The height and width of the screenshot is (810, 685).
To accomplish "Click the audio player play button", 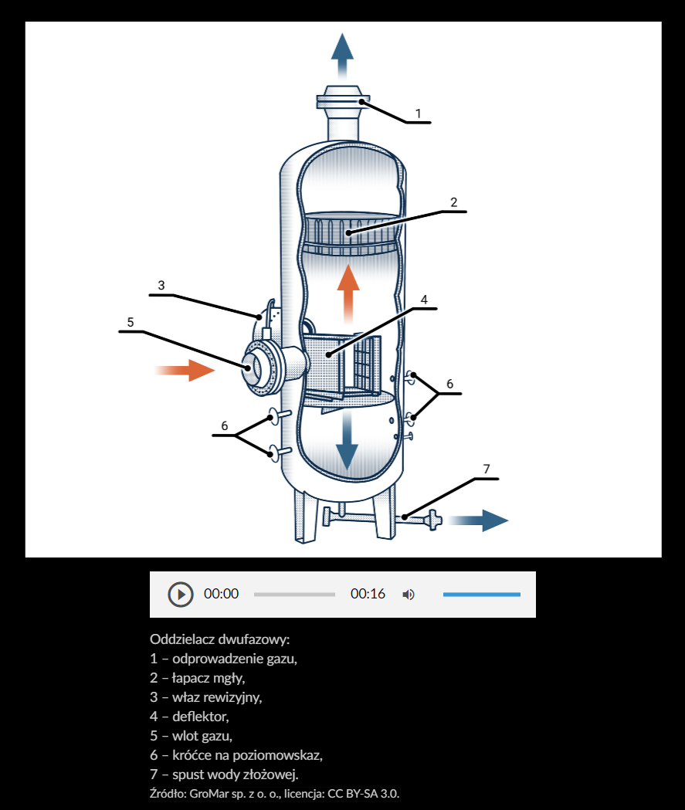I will click(x=180, y=595).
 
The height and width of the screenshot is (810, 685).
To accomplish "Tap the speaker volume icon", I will click(x=409, y=595).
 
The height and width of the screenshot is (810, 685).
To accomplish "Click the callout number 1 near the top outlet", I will click(x=418, y=113).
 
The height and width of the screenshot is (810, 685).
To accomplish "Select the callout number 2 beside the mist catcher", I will click(x=454, y=202).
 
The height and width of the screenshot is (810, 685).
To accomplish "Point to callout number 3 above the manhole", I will click(x=161, y=285).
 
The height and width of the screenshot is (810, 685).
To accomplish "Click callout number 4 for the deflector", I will click(x=423, y=299).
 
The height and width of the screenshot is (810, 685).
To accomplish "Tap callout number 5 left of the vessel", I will click(x=131, y=322).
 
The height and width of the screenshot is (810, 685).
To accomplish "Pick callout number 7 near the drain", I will click(x=486, y=469).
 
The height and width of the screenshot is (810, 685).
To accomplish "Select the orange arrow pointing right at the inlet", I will click(x=187, y=371).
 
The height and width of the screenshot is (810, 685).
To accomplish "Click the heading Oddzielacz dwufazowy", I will click(x=220, y=640).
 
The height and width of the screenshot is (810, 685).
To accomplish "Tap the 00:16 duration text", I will click(x=368, y=594).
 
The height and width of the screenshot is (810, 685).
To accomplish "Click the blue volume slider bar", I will click(x=481, y=595).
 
